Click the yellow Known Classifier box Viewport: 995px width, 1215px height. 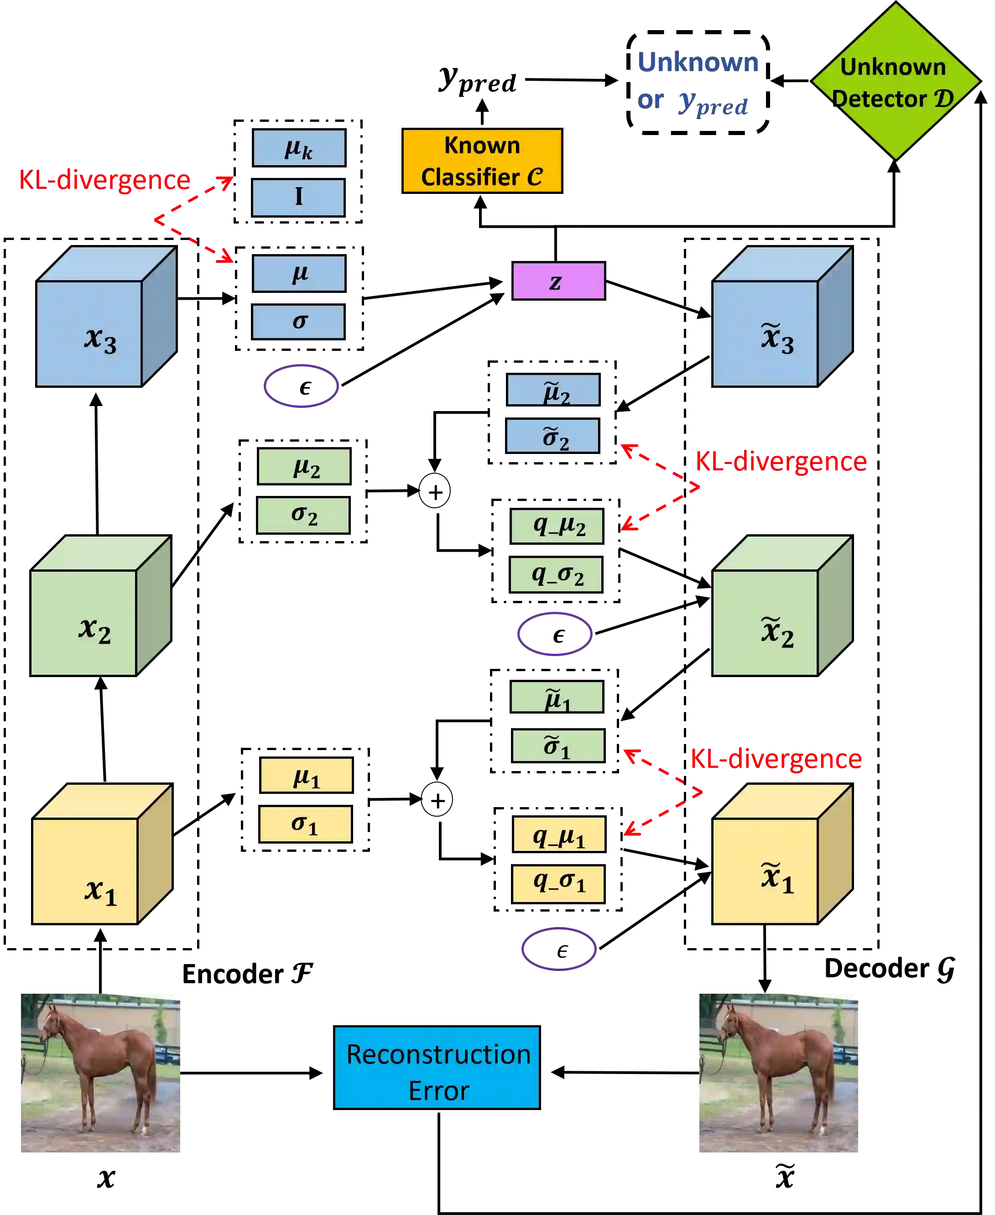pyautogui.click(x=482, y=161)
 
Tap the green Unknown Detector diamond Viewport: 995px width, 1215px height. pyautogui.click(x=895, y=81)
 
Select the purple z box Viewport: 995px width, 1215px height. pyautogui.click(x=558, y=281)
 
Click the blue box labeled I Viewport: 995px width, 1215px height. pyautogui.click(x=299, y=197)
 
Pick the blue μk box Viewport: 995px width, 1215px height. pyautogui.click(x=299, y=148)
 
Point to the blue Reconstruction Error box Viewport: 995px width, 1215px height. pyautogui.click(x=437, y=1067)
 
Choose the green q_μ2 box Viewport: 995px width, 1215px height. pyautogui.click(x=557, y=526)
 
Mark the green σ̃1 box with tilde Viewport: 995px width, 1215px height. pyautogui.click(x=557, y=746)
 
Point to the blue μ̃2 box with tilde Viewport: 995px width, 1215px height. pyautogui.click(x=553, y=390)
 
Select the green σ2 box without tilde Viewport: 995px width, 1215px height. pyautogui.click(x=303, y=515)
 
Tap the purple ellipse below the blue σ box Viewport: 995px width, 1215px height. pyautogui.click(x=301, y=385)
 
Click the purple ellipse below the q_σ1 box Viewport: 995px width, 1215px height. pyautogui.click(x=559, y=949)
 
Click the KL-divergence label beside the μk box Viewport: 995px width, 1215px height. pyautogui.click(x=104, y=180)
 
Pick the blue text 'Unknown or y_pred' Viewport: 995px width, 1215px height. pyautogui.click(x=698, y=83)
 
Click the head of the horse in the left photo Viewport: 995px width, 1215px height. pyautogui.click(x=51, y=1023)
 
